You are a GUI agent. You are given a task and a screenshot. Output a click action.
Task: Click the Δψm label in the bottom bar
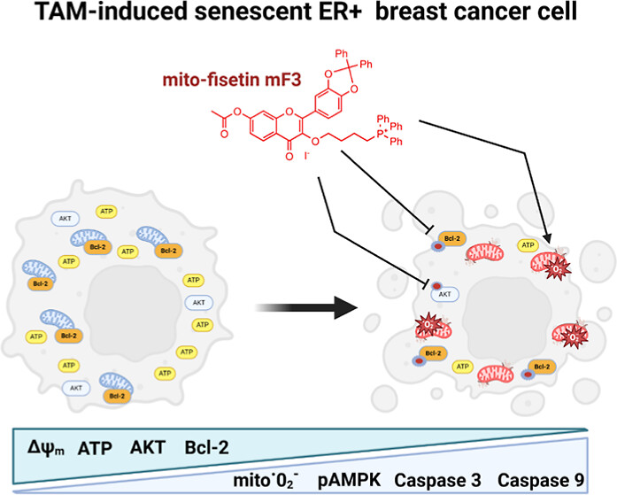click(41, 449)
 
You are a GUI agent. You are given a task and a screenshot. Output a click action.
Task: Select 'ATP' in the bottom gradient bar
click(96, 449)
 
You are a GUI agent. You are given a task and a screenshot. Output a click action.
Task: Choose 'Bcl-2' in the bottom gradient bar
click(207, 449)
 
